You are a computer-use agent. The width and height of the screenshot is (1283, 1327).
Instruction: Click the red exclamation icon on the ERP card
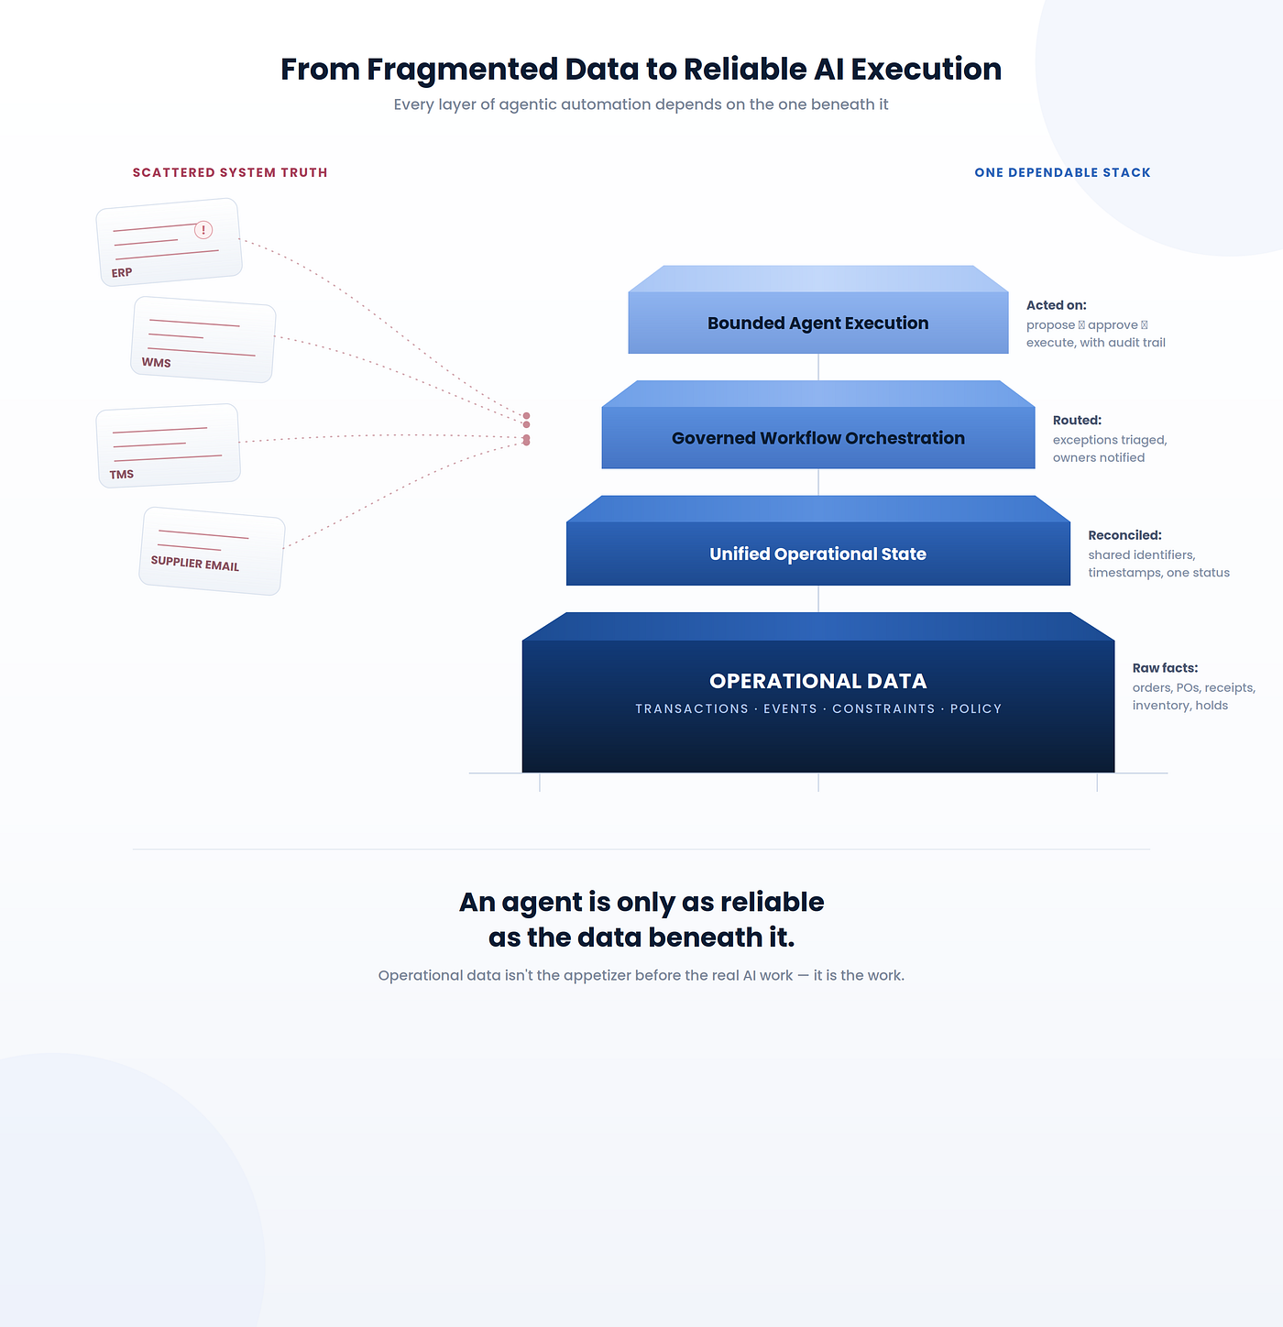click(x=203, y=230)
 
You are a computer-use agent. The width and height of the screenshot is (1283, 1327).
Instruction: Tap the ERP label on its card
click(x=121, y=273)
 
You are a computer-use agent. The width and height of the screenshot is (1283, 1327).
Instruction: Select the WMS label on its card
click(x=156, y=363)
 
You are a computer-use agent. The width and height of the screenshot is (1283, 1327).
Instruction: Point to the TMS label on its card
click(x=121, y=474)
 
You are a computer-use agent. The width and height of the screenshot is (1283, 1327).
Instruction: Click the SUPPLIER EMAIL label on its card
click(x=195, y=564)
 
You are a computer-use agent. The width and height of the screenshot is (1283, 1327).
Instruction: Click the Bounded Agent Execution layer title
click(x=817, y=324)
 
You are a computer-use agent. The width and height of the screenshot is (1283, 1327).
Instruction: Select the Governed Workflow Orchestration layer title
click(x=817, y=438)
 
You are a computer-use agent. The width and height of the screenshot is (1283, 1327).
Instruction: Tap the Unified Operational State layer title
click(x=817, y=554)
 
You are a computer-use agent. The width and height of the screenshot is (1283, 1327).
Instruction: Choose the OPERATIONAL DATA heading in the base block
click(x=817, y=681)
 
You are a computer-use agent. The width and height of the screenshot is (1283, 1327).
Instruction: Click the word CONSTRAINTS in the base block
click(x=883, y=708)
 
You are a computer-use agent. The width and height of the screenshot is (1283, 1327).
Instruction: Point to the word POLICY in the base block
click(x=975, y=708)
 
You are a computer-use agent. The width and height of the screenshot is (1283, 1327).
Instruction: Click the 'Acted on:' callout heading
click(x=1056, y=305)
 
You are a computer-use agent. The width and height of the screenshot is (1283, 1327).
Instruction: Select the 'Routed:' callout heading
click(x=1076, y=420)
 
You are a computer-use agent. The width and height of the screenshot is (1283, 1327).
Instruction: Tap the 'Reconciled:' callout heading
click(x=1124, y=535)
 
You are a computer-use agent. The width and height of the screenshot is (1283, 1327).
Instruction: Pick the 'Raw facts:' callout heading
click(x=1165, y=668)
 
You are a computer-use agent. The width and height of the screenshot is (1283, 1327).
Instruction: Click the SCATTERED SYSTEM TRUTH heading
click(x=230, y=172)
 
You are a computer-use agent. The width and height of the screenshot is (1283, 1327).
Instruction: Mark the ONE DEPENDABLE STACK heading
click(x=1062, y=172)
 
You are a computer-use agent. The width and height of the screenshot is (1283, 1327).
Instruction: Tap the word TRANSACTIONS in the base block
click(x=692, y=708)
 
